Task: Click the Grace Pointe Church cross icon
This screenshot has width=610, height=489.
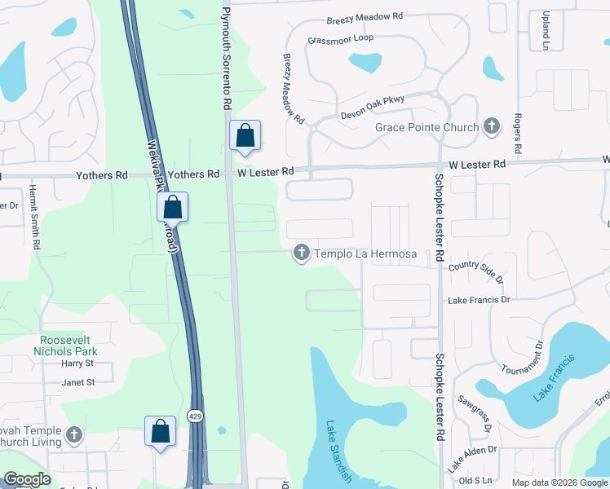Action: pos(491,126)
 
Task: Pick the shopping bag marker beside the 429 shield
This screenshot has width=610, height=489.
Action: pos(160,431)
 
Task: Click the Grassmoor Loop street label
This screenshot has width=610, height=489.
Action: pos(340,39)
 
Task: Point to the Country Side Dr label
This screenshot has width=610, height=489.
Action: pos(476,270)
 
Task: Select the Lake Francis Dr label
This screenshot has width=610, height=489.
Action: pos(479,300)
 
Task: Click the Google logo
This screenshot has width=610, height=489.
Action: pos(27,479)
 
